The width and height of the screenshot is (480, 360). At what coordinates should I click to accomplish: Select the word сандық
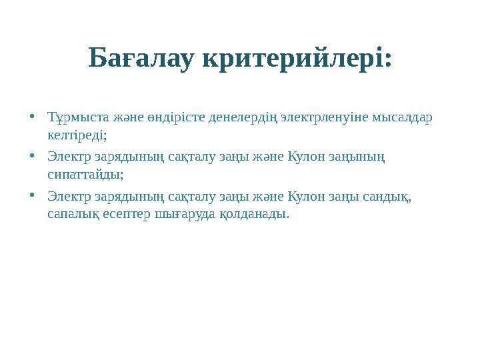[x=391, y=198]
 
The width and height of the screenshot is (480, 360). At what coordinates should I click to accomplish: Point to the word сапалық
[x=73, y=215]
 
